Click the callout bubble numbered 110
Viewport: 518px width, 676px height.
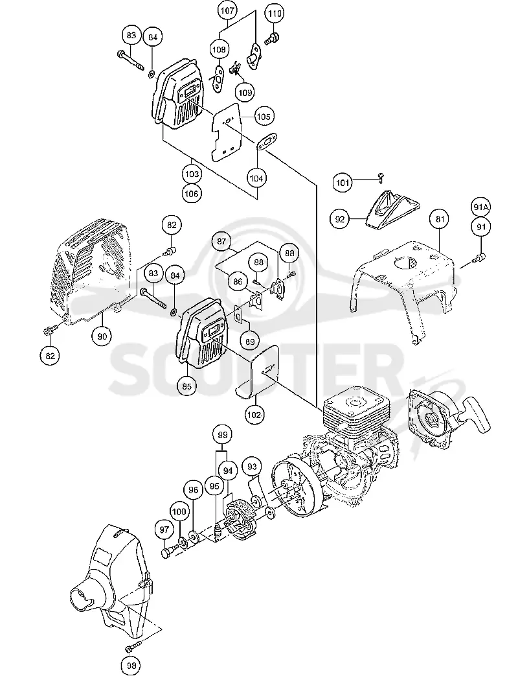[x=275, y=14]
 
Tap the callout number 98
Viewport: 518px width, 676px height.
[x=131, y=665]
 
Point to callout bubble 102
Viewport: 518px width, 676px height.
[x=254, y=415]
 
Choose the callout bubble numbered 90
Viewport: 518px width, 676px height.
[x=103, y=336]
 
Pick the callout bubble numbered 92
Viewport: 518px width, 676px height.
[x=340, y=219]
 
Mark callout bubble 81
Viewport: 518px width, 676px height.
[x=439, y=219]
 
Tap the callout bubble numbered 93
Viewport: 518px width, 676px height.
[x=253, y=467]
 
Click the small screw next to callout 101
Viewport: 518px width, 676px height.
[x=380, y=174]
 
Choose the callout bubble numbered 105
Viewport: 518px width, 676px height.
[x=263, y=117]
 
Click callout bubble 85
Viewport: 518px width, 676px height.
[x=187, y=386]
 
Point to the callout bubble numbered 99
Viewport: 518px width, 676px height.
[x=223, y=435]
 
